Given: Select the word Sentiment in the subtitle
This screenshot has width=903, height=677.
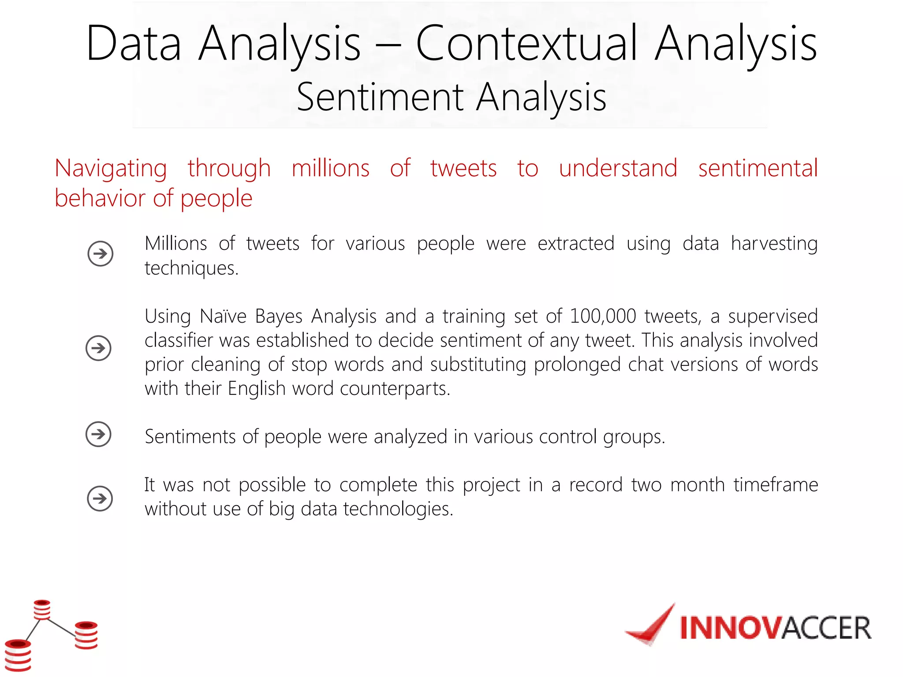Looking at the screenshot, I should pyautogui.click(x=380, y=97).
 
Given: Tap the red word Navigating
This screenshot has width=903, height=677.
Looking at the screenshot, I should pyautogui.click(x=111, y=169).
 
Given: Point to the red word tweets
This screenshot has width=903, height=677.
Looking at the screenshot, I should pyautogui.click(x=463, y=169).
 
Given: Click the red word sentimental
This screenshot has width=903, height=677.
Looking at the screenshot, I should pyautogui.click(x=757, y=169).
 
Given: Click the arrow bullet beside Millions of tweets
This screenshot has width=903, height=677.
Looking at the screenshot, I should pyautogui.click(x=101, y=254).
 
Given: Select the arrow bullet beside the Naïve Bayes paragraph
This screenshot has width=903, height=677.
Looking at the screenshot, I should pyautogui.click(x=98, y=348).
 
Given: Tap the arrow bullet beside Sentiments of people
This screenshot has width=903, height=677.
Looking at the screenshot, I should pyautogui.click(x=98, y=434).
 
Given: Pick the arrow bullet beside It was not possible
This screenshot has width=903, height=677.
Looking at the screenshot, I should pyautogui.click(x=100, y=498).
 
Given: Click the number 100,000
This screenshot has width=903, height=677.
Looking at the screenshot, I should pyautogui.click(x=603, y=316).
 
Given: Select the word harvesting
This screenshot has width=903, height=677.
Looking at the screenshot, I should pyautogui.click(x=774, y=244).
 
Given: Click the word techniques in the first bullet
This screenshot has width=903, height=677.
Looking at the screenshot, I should pyautogui.click(x=191, y=268).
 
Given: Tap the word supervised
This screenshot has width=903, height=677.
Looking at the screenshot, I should pyautogui.click(x=772, y=316).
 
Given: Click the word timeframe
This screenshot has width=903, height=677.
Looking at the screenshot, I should pyautogui.click(x=776, y=485).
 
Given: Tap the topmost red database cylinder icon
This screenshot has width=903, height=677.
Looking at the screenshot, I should pyautogui.click(x=42, y=610).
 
